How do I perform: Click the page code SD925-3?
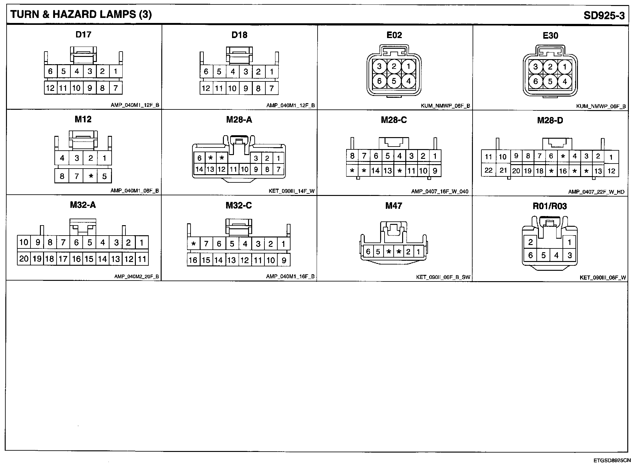coord(604,15)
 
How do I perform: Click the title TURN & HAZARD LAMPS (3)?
coord(81,14)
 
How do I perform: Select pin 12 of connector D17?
coord(50,88)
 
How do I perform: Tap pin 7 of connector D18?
coord(272,88)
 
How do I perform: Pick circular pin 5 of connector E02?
coord(394,81)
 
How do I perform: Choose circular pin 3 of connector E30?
coord(535,67)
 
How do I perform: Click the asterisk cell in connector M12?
coord(91,176)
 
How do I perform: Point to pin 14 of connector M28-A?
coord(199,170)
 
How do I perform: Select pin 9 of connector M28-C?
coord(435,171)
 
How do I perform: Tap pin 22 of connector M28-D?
coord(488,170)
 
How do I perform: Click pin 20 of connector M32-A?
coord(24,259)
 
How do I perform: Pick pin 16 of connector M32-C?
coord(193,260)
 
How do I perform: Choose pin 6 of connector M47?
coord(368,252)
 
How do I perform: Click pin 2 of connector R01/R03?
coord(530,242)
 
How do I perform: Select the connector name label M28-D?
coord(550,120)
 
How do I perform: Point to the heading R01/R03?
coord(550,206)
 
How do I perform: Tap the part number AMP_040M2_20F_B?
coord(136,277)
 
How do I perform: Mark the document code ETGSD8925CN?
coord(612,460)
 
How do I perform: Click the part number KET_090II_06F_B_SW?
coord(443,277)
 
